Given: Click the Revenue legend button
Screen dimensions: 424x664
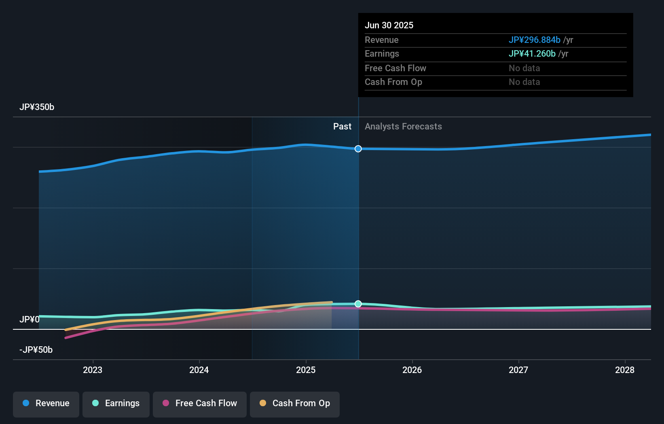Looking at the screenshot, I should pyautogui.click(x=46, y=403).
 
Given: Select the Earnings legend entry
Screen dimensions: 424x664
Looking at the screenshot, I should pyautogui.click(x=116, y=403).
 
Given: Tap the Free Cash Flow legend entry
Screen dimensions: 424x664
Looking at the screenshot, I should pyautogui.click(x=200, y=403).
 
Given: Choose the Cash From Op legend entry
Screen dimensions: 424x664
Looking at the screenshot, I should pyautogui.click(x=295, y=403).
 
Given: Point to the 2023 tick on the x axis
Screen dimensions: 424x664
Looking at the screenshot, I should pyautogui.click(x=93, y=370).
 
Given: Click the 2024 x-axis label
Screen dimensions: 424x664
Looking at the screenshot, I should pyautogui.click(x=199, y=370).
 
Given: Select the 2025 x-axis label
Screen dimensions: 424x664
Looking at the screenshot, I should pyautogui.click(x=306, y=370).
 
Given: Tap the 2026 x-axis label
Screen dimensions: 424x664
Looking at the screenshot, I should pyautogui.click(x=412, y=370).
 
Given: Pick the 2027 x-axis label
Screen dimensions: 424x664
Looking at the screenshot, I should pyautogui.click(x=518, y=370).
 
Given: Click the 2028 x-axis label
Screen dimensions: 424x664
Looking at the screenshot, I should pyautogui.click(x=625, y=370).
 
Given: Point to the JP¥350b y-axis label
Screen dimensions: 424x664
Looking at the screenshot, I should pyautogui.click(x=37, y=107).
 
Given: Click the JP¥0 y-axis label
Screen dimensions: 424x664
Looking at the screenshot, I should pyautogui.click(x=30, y=320).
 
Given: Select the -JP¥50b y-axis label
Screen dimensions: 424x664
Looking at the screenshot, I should pyautogui.click(x=36, y=350).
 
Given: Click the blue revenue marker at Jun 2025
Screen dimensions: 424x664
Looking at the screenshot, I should pyautogui.click(x=358, y=149).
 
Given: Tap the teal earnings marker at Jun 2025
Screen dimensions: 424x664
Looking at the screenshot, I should pyautogui.click(x=358, y=304).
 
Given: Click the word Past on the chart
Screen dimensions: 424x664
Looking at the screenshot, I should pyautogui.click(x=342, y=127).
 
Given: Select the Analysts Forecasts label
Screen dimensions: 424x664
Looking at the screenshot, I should pyautogui.click(x=403, y=127).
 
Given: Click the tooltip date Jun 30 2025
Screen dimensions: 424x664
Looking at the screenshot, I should pyautogui.click(x=389, y=25).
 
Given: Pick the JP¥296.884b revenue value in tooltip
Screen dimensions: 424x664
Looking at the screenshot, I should pyautogui.click(x=534, y=40).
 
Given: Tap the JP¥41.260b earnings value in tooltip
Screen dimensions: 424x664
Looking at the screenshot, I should pyautogui.click(x=532, y=54).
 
